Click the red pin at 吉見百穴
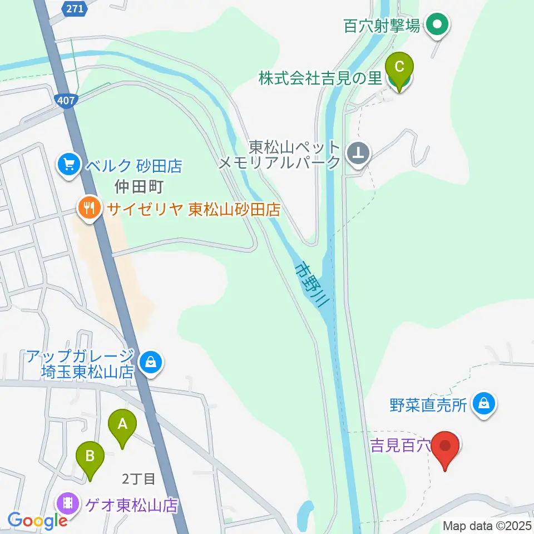coord(446,447)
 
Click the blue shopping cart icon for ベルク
coord(68,165)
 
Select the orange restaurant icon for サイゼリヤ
coord(89,209)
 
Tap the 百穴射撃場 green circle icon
coord(437,25)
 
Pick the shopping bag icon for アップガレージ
coord(150,363)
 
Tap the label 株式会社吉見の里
coord(320,78)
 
